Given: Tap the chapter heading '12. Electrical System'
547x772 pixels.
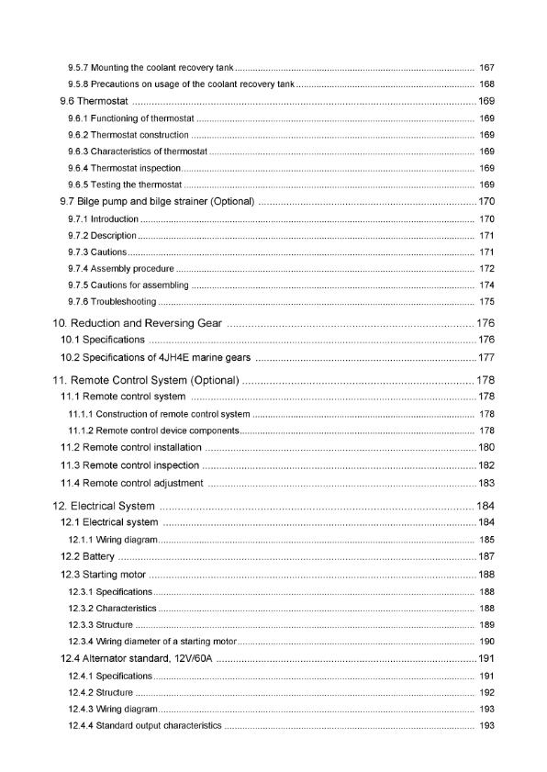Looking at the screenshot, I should pos(105,506).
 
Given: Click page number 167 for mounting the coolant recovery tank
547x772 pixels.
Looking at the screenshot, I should pos(487,68).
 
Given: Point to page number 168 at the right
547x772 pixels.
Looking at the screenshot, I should pos(487,84).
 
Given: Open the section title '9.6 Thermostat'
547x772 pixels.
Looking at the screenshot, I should pos(93,101).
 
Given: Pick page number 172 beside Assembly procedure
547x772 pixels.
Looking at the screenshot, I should pos(487,269).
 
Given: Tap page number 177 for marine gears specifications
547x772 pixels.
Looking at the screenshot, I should pos(486,358).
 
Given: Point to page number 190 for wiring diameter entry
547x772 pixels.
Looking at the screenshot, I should pos(487,641).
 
